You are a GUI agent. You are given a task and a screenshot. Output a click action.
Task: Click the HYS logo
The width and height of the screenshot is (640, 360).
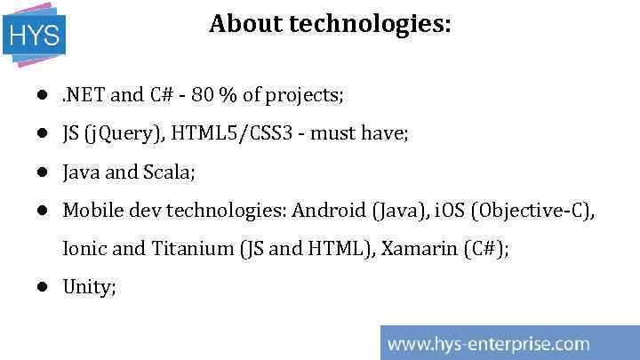point(35,35)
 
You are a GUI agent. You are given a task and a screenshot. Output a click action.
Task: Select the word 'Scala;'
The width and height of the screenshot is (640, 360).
point(168,172)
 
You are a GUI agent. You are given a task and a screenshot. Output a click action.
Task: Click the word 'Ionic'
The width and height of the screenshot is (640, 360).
point(85,249)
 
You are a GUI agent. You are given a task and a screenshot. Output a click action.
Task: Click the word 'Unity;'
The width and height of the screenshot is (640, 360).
point(89,287)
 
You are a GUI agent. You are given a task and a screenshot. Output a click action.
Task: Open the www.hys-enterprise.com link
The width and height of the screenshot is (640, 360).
point(488,343)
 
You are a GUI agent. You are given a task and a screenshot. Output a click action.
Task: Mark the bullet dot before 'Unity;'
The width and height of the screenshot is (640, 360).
point(42,287)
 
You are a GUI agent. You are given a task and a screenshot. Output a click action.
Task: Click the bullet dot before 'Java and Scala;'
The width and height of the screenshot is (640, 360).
point(42,172)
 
